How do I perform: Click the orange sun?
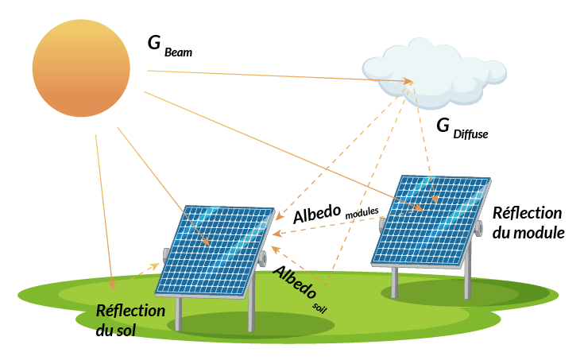81,68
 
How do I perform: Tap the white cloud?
434,72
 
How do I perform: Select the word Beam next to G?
179,52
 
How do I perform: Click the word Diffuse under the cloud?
470,134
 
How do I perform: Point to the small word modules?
362,213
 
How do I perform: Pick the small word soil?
319,308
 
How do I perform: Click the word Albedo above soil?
295,282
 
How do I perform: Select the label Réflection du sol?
130,320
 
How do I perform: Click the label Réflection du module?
528,223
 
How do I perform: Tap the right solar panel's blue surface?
431,220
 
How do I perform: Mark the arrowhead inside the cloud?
408,81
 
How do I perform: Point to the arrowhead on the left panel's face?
206,242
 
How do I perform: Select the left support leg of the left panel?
179,314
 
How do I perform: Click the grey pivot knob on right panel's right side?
478,228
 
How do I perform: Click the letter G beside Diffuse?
443,126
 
